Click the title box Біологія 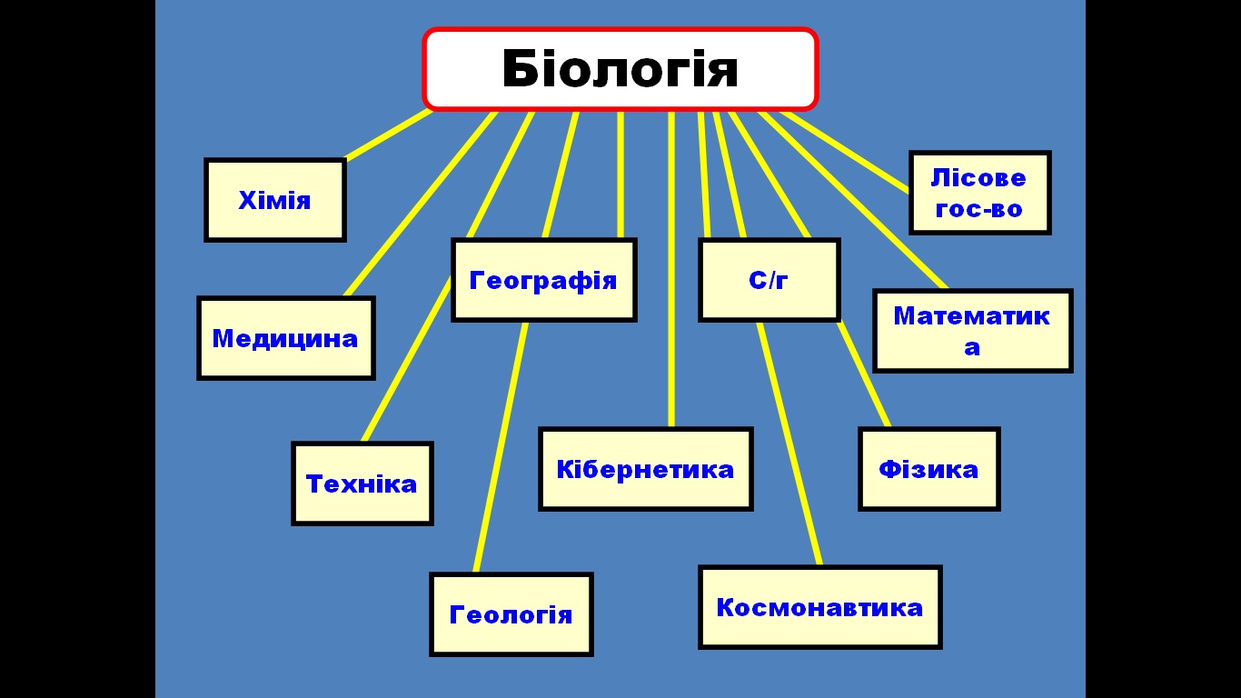coord(620,69)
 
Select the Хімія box coord(275,200)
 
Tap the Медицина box coord(286,338)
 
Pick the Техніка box coord(362,484)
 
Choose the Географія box coord(544,280)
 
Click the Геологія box coord(511,614)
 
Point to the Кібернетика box coord(646,469)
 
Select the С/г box coord(769,280)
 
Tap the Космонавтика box coord(820,607)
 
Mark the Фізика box coord(929,469)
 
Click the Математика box coord(973,331)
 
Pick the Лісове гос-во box coord(980,193)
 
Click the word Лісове coord(978,177)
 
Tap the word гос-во coord(978,209)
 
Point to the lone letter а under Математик coord(972,348)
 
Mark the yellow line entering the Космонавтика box coord(790,445)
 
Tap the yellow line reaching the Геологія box coord(500,445)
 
